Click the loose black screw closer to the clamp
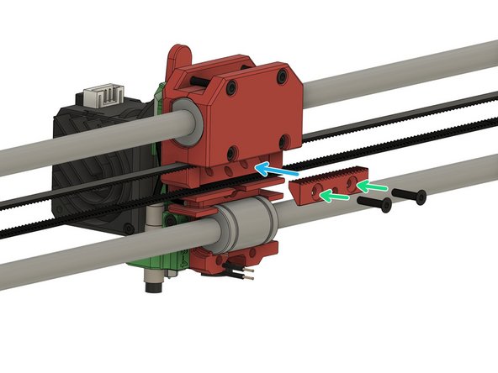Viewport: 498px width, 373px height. [x=374, y=204]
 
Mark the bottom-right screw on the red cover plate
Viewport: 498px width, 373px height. [x=285, y=140]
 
